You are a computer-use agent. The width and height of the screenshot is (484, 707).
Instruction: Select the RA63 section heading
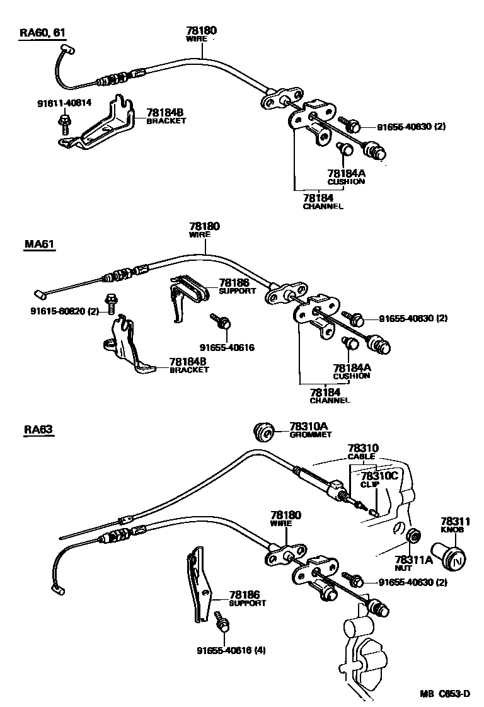tap(38, 430)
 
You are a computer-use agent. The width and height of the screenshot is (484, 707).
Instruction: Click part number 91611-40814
tap(64, 102)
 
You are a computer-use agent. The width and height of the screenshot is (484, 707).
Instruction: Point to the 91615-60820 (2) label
tap(64, 311)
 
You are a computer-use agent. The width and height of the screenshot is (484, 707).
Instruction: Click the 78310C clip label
tap(378, 480)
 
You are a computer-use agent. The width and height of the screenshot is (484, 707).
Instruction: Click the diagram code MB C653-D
tap(445, 694)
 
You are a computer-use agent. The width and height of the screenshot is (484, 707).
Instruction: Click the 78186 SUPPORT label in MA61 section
tap(237, 287)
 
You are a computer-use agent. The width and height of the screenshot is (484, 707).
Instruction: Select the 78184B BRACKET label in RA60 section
tap(166, 115)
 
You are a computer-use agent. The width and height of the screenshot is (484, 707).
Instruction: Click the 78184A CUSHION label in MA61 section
tap(351, 371)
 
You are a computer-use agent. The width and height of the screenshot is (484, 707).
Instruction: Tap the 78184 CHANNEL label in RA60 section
tap(323, 202)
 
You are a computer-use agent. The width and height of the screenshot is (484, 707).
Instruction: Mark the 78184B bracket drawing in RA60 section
tap(104, 126)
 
